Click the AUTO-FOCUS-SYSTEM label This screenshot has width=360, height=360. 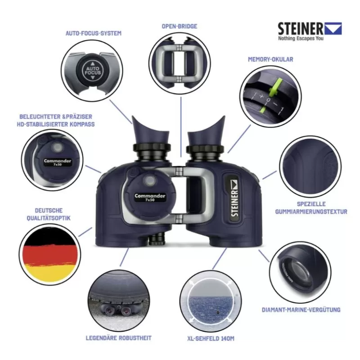[93, 33]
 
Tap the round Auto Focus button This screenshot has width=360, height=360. [92, 71]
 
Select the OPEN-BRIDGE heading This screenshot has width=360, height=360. [180, 26]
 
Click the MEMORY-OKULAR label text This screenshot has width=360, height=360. [270, 59]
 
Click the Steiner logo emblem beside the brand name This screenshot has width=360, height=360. [333, 29]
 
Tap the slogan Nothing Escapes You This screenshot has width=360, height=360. [300, 39]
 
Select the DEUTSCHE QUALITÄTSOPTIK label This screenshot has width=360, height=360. [49, 214]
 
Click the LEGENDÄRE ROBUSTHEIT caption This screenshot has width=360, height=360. [118, 337]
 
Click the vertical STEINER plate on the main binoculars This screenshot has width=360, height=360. [234, 197]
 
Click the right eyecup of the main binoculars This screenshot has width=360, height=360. [207, 134]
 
